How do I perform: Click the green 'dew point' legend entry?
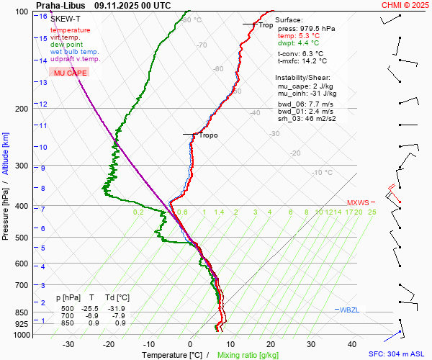pos(67,45)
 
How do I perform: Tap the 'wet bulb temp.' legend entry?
pos(75,52)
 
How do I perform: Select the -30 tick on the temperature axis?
pos(68,344)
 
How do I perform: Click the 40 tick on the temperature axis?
pos(352,344)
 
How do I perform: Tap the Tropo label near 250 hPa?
pos(208,135)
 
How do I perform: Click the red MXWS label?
pos(358,202)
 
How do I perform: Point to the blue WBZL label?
pos(349,310)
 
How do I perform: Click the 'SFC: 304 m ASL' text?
pos(397,354)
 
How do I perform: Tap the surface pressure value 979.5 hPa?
pos(317,28)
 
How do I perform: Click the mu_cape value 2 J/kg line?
pos(307,86)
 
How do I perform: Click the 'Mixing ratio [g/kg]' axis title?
pos(248,355)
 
